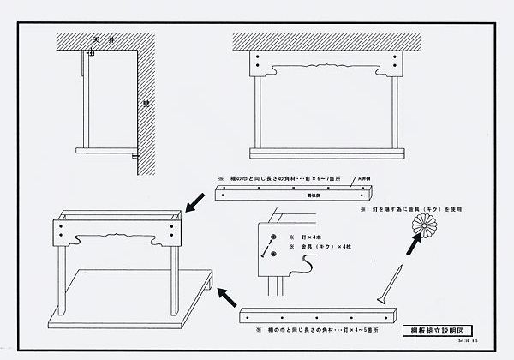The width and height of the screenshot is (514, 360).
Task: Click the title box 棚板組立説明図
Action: (438, 330)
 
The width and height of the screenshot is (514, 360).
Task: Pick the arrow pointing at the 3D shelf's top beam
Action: (195, 202)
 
